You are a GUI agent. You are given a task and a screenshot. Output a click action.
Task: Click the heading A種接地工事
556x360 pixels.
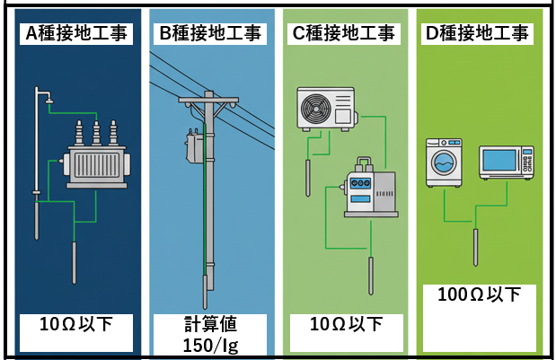(x=76, y=34)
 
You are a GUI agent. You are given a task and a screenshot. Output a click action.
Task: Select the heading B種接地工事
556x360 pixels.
(x=210, y=34)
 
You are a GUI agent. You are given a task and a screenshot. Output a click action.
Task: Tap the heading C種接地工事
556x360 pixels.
(x=344, y=34)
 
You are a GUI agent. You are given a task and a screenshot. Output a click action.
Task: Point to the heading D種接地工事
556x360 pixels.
(x=477, y=34)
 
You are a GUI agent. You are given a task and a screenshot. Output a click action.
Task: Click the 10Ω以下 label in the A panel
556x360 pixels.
(x=75, y=324)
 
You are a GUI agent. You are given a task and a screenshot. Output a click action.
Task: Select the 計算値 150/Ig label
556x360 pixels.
(x=210, y=334)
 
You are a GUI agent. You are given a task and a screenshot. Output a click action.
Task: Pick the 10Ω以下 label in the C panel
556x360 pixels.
(x=344, y=324)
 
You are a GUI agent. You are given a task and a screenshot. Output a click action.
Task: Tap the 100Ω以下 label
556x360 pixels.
(x=478, y=294)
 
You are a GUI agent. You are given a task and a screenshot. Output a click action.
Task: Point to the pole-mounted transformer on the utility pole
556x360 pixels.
(x=194, y=146)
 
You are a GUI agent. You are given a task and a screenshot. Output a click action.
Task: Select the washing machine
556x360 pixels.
(x=444, y=161)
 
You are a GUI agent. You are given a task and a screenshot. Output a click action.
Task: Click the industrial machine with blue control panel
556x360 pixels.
(x=370, y=190)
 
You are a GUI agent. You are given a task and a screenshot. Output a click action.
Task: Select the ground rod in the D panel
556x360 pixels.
(x=474, y=247)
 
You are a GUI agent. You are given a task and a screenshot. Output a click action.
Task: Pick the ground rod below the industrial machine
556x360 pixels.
(x=369, y=276)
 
